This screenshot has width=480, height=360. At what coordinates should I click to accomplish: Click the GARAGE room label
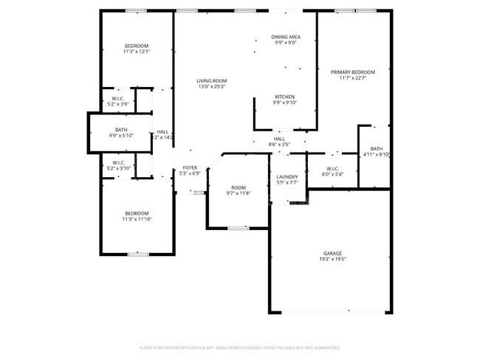[332, 253]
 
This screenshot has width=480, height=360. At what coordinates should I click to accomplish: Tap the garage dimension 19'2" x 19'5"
[332, 260]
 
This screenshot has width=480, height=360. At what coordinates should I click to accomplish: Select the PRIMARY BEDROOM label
[357, 72]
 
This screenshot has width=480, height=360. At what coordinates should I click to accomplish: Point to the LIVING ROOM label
[211, 80]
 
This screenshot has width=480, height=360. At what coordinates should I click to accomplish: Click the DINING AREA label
[285, 36]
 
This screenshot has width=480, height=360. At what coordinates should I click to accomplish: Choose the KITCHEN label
[285, 97]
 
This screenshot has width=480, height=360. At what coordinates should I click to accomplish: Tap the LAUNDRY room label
[287, 177]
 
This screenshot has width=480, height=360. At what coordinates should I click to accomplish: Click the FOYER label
[190, 168]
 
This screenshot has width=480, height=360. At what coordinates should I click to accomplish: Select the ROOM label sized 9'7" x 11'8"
[238, 187]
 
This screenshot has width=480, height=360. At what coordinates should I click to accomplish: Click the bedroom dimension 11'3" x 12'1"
[137, 52]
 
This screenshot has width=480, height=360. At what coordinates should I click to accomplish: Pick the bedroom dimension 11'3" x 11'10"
[137, 219]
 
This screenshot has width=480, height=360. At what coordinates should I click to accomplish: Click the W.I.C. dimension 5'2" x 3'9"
[118, 105]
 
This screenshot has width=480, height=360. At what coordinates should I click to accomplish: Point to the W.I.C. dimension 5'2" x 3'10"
[118, 168]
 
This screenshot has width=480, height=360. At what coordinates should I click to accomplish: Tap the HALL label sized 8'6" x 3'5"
[279, 139]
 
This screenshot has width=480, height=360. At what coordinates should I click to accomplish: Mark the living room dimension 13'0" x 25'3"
[211, 87]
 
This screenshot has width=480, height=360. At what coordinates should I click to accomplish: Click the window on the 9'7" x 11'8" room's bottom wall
[238, 229]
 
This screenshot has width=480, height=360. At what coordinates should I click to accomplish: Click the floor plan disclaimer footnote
[239, 347]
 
